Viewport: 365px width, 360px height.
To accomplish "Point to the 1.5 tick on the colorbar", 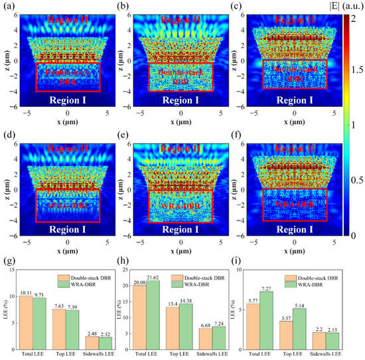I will [x=355, y=68].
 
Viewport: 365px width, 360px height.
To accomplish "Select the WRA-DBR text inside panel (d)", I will [x=58, y=207].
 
